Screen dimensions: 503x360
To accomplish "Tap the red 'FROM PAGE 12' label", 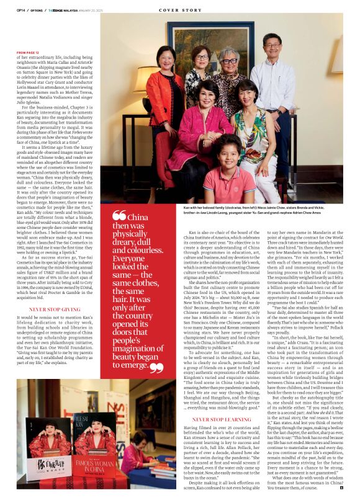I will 29,53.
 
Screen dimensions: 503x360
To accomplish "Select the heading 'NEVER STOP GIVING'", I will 55,308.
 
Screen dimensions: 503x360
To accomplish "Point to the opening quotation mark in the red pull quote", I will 119,216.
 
